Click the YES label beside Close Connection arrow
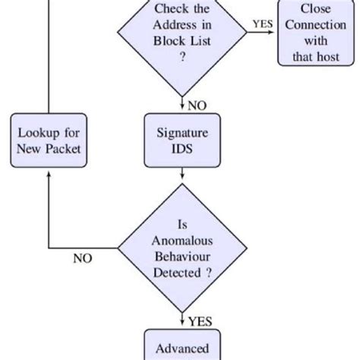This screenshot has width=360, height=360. tap(264, 24)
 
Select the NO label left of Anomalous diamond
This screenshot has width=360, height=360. tap(82, 258)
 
